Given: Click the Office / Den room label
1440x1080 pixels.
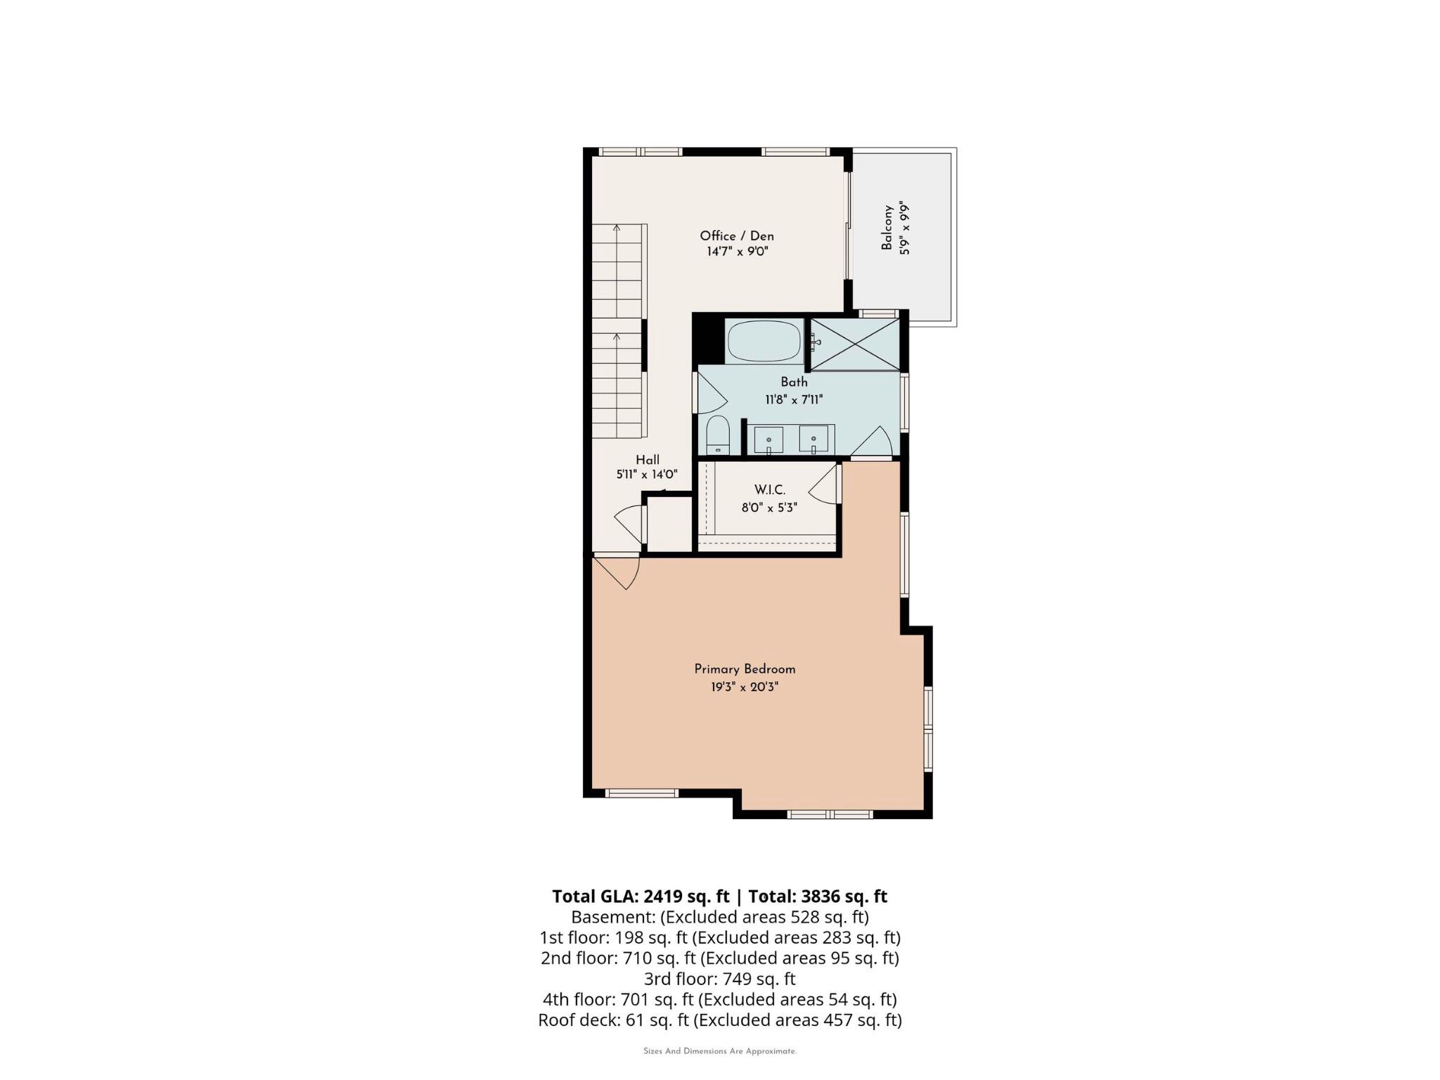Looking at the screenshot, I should point(736,236).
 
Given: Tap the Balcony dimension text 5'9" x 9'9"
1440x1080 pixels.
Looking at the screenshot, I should point(904,227).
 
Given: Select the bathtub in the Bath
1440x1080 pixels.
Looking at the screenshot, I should point(764,342).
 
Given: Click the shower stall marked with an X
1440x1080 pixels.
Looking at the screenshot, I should point(855,344).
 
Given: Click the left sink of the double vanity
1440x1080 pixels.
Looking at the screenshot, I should point(769,439).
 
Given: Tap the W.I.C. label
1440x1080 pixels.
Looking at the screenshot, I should point(769,490).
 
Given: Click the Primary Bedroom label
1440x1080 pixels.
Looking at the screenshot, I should point(745,669).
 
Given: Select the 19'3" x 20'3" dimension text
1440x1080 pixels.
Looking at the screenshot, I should point(745,687).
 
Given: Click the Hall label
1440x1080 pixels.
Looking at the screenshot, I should point(648,460).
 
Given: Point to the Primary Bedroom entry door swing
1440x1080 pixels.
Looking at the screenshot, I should point(619,570).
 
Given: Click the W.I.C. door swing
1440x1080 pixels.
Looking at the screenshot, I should point(826,484).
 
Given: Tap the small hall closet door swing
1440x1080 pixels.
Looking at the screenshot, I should point(630,524).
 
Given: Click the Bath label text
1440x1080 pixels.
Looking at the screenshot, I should point(794,382).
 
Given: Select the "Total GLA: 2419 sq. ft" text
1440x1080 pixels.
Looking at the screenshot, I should point(641,896).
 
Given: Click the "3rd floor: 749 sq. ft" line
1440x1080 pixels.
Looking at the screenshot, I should point(719,979).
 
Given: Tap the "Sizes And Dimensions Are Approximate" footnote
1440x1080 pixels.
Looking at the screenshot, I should point(719,1051).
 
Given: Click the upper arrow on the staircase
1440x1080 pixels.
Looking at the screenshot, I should point(617,229).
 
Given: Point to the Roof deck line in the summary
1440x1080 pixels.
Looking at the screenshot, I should point(719,1020).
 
